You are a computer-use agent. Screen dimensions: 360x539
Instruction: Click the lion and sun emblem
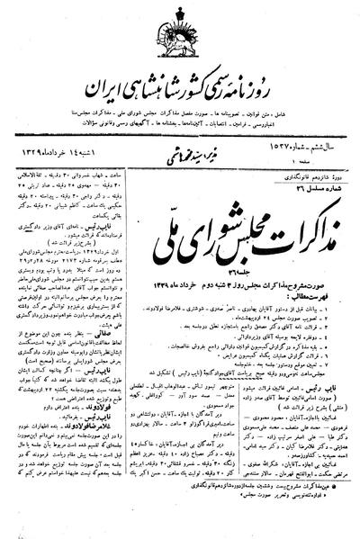point(179,40)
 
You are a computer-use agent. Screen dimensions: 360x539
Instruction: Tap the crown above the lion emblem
point(179,17)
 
